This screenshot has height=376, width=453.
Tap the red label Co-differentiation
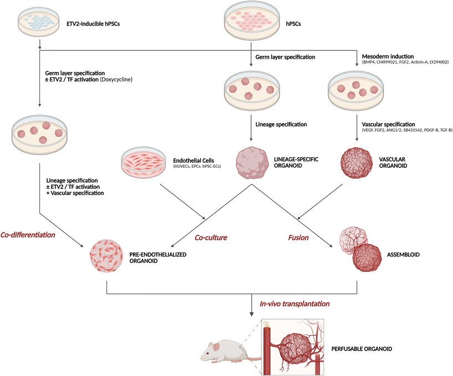click(28, 234)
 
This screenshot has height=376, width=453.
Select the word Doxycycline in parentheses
click(116, 80)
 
